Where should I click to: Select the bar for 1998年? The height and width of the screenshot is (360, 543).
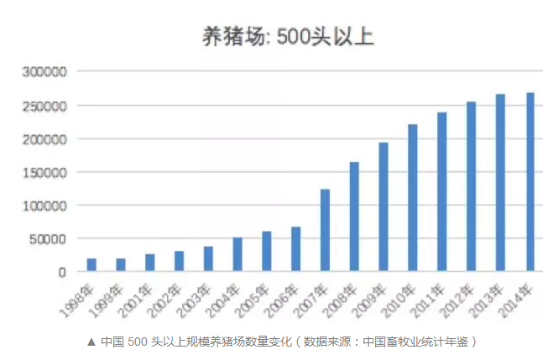(91, 265)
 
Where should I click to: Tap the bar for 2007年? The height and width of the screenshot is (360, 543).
(325, 231)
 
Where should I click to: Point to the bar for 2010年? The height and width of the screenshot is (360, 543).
(413, 198)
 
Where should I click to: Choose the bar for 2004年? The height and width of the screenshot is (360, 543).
(238, 255)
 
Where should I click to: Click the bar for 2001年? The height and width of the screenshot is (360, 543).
(149, 263)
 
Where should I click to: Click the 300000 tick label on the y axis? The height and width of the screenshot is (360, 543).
(44, 72)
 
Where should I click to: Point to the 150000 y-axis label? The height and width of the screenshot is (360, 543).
(44, 172)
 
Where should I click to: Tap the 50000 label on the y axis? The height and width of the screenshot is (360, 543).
(48, 239)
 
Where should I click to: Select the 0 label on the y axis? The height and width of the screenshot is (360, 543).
(61, 272)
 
